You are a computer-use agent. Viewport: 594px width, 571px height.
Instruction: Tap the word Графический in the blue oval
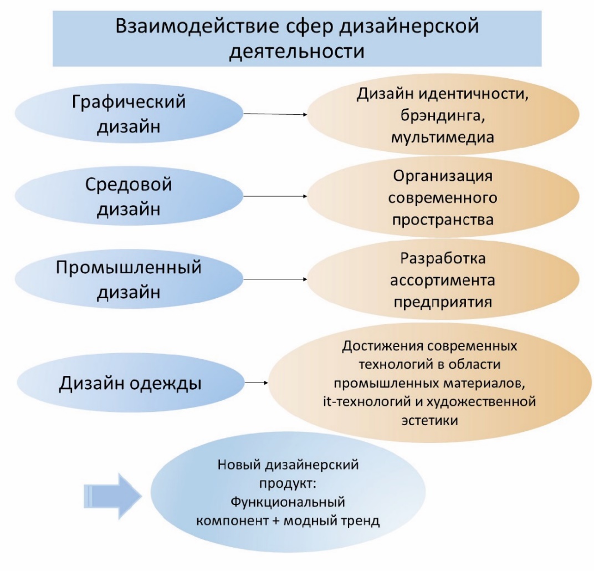[129, 102]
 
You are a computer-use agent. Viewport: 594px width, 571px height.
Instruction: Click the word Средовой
[129, 185]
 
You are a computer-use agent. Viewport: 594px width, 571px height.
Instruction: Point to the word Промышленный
[129, 268]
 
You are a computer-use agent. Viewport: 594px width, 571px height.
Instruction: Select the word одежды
[163, 383]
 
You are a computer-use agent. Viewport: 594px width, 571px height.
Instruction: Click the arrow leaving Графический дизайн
[275, 114]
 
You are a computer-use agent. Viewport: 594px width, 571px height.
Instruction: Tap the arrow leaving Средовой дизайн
[275, 196]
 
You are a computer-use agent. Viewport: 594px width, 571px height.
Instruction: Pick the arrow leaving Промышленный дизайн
[275, 280]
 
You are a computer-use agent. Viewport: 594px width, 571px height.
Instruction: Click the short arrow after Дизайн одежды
[255, 383]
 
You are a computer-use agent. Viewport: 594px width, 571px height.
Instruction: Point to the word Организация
[442, 177]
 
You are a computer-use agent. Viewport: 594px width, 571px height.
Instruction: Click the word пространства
[442, 220]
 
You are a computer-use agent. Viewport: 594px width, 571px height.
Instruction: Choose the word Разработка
[442, 259]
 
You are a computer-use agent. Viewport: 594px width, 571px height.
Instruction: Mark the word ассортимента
[442, 281]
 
